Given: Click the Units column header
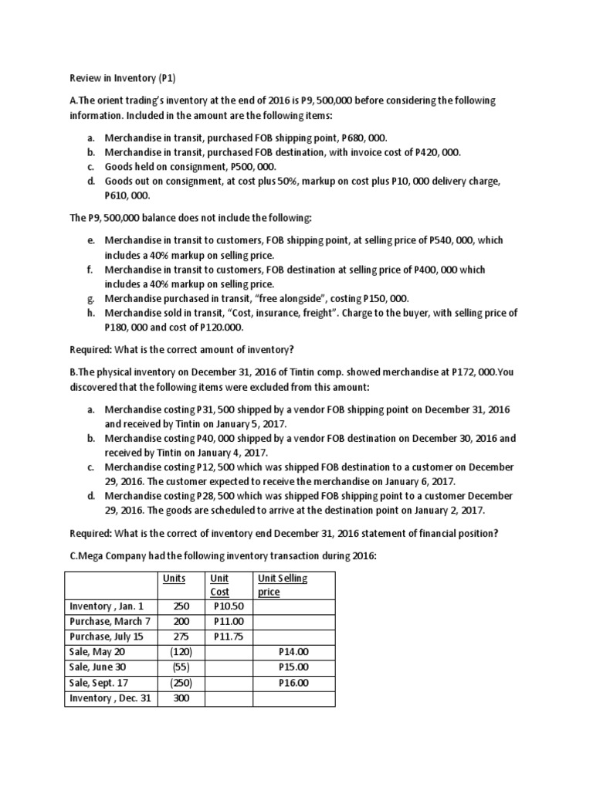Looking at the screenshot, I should pos(175,578).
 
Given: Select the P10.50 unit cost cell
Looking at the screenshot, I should pos(227,606).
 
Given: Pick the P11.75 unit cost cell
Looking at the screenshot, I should pos(227,637).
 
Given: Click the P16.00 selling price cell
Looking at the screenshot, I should pos(293,683).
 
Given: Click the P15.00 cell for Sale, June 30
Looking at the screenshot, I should pos(293,667).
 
